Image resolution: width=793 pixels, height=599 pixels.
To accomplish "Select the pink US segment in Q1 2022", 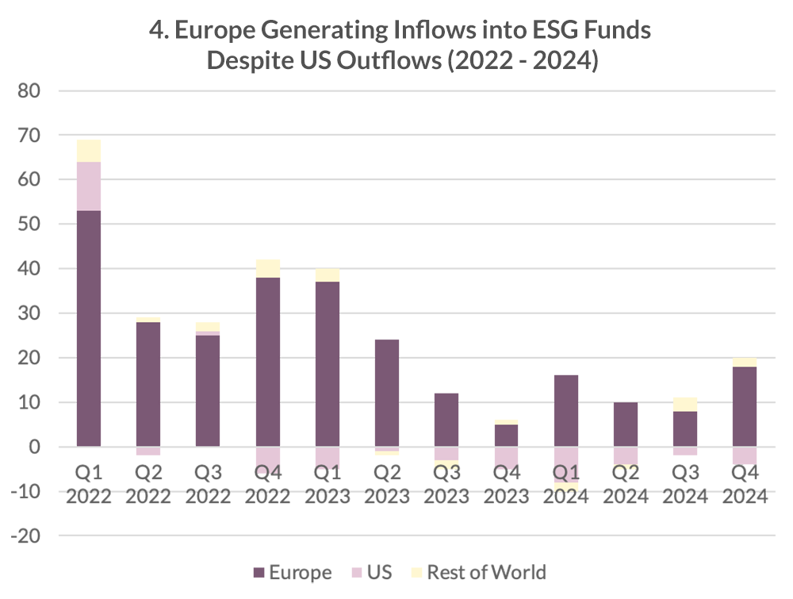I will click(x=89, y=186).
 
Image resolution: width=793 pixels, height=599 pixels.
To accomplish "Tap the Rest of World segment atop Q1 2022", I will click(x=89, y=151).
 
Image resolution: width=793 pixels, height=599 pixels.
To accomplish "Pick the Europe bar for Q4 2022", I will click(x=268, y=362).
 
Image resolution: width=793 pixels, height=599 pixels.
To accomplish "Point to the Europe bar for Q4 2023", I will click(x=506, y=436).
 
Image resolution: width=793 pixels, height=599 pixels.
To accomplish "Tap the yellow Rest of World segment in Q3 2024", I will click(x=685, y=405).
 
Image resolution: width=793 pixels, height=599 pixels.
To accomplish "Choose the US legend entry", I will click(x=370, y=572).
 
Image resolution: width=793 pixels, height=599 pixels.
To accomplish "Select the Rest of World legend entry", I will click(x=476, y=572).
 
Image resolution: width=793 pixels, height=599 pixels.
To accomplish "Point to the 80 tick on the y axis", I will click(x=29, y=91).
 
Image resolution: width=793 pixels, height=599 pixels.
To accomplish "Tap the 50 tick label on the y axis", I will click(x=29, y=225).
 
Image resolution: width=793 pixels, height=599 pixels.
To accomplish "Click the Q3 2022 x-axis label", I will click(x=209, y=486).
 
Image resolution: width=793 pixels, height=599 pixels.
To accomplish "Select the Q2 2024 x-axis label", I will click(x=625, y=486).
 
